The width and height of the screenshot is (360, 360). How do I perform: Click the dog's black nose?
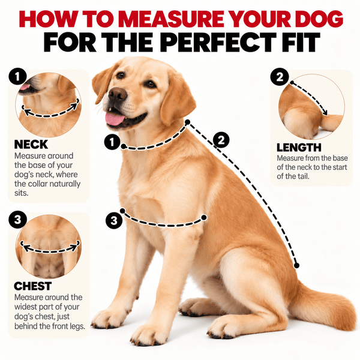pyautogui.click(x=118, y=94)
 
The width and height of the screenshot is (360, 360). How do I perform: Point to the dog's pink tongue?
pyautogui.click(x=115, y=119)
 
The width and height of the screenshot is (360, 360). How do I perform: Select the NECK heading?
pyautogui.click(x=31, y=145)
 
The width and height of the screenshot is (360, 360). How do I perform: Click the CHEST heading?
pyautogui.click(x=32, y=286)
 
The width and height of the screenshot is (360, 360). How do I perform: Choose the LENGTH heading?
pyautogui.click(x=299, y=148)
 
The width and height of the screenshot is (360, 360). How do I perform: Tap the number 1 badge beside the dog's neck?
pyautogui.click(x=112, y=142)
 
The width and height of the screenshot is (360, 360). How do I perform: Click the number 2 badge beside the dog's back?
pyautogui.click(x=221, y=140)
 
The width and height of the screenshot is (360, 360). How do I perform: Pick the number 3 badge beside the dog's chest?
pyautogui.click(x=114, y=221)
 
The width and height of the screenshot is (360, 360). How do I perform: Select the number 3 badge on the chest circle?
pyautogui.click(x=17, y=220)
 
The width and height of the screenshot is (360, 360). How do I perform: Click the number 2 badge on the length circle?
pyautogui.click(x=280, y=77)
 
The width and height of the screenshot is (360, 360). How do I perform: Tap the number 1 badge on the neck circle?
pyautogui.click(x=17, y=77)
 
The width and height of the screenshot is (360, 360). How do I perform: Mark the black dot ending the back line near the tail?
pyautogui.click(x=296, y=266)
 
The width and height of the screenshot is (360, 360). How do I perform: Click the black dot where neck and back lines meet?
pyautogui.click(x=187, y=122)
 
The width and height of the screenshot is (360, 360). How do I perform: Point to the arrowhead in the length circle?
pyautogui.click(x=325, y=112)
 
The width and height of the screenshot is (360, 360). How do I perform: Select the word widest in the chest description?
pyautogui.click(x=25, y=307)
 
